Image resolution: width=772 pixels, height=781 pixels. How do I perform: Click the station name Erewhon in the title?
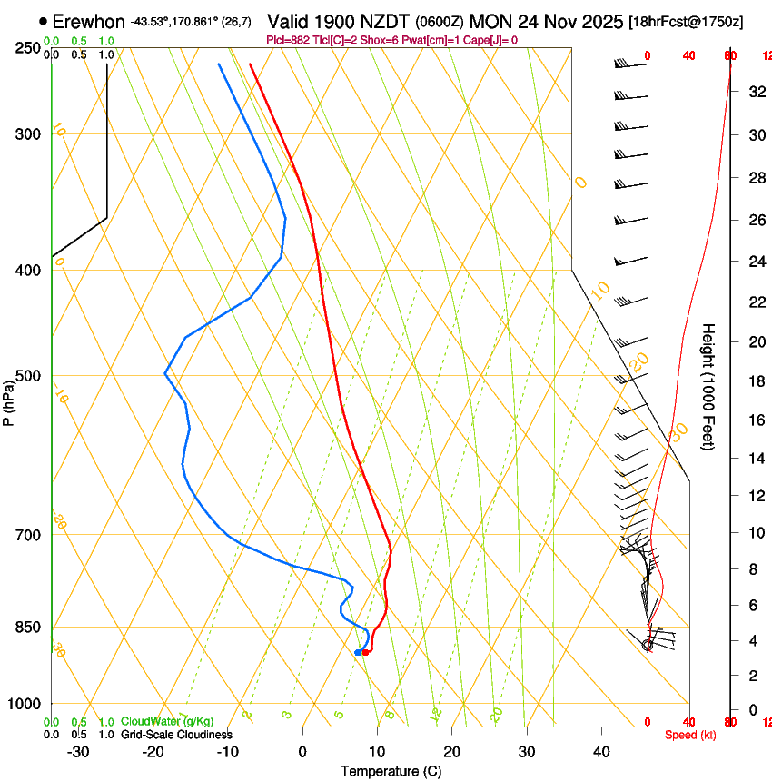click(89, 21)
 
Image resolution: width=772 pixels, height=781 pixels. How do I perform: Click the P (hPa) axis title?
click(8, 400)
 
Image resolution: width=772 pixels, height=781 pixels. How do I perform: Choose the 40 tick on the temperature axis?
click(601, 751)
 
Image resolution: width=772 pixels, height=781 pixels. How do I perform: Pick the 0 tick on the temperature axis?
click(302, 751)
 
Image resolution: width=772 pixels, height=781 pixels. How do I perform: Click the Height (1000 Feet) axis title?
click(709, 386)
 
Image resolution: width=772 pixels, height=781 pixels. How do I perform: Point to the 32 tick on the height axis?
click(754, 91)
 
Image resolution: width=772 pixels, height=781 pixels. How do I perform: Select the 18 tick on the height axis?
click(754, 381)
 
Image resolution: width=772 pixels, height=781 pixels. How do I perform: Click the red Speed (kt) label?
click(690, 735)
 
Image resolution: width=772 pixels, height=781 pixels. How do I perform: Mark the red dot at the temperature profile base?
click(365, 652)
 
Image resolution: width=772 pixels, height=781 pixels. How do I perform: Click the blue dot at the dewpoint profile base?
click(358, 652)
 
